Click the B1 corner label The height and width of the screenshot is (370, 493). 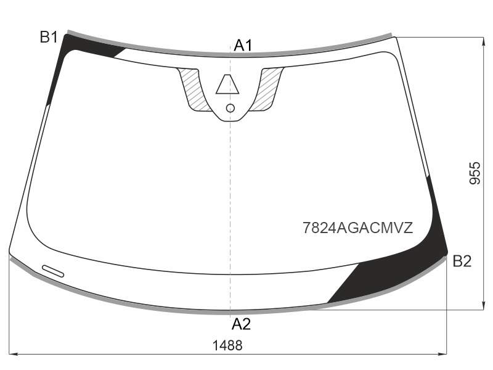(x=49, y=37)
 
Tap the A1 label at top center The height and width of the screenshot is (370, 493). (x=243, y=46)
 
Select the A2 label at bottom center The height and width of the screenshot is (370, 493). (x=241, y=324)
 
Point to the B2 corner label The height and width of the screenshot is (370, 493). (x=462, y=261)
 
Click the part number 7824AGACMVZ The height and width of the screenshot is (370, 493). (x=358, y=228)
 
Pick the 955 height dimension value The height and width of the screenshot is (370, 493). (x=475, y=173)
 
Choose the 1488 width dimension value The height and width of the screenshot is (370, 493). (x=227, y=345)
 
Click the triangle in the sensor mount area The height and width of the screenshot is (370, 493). (x=227, y=84)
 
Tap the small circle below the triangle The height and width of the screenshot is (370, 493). (x=230, y=109)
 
